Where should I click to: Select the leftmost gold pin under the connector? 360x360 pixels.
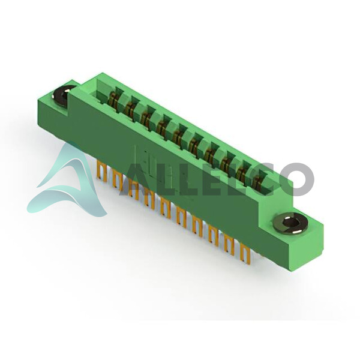coord(103,171)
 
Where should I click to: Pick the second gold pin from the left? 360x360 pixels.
coord(118,179)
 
